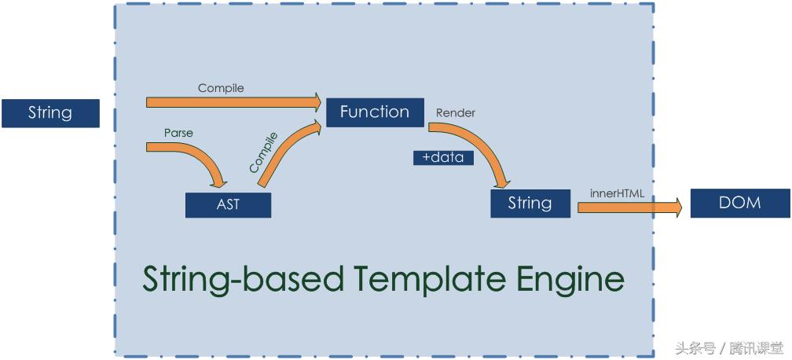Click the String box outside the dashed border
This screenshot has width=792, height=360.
50,113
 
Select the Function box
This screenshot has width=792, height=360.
374,112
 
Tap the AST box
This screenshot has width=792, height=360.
228,204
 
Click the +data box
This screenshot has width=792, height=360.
443,158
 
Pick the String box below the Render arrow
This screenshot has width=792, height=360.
530,204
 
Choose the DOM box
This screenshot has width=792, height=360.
739,203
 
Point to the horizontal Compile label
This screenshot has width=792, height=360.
221,89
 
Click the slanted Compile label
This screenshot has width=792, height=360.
264,153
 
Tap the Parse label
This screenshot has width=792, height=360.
178,133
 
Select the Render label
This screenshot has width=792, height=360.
456,112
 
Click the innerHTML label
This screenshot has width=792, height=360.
617,193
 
